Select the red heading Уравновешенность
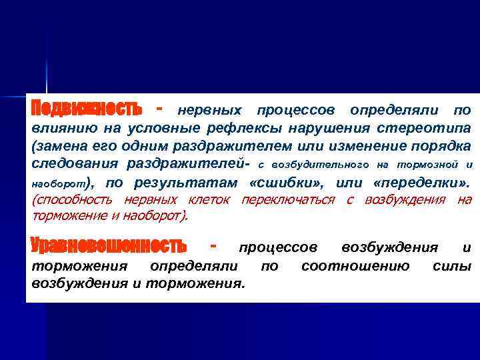pos(109,246)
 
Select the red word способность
pos(74,199)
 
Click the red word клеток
pos(211,199)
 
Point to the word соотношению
pos(355,267)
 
